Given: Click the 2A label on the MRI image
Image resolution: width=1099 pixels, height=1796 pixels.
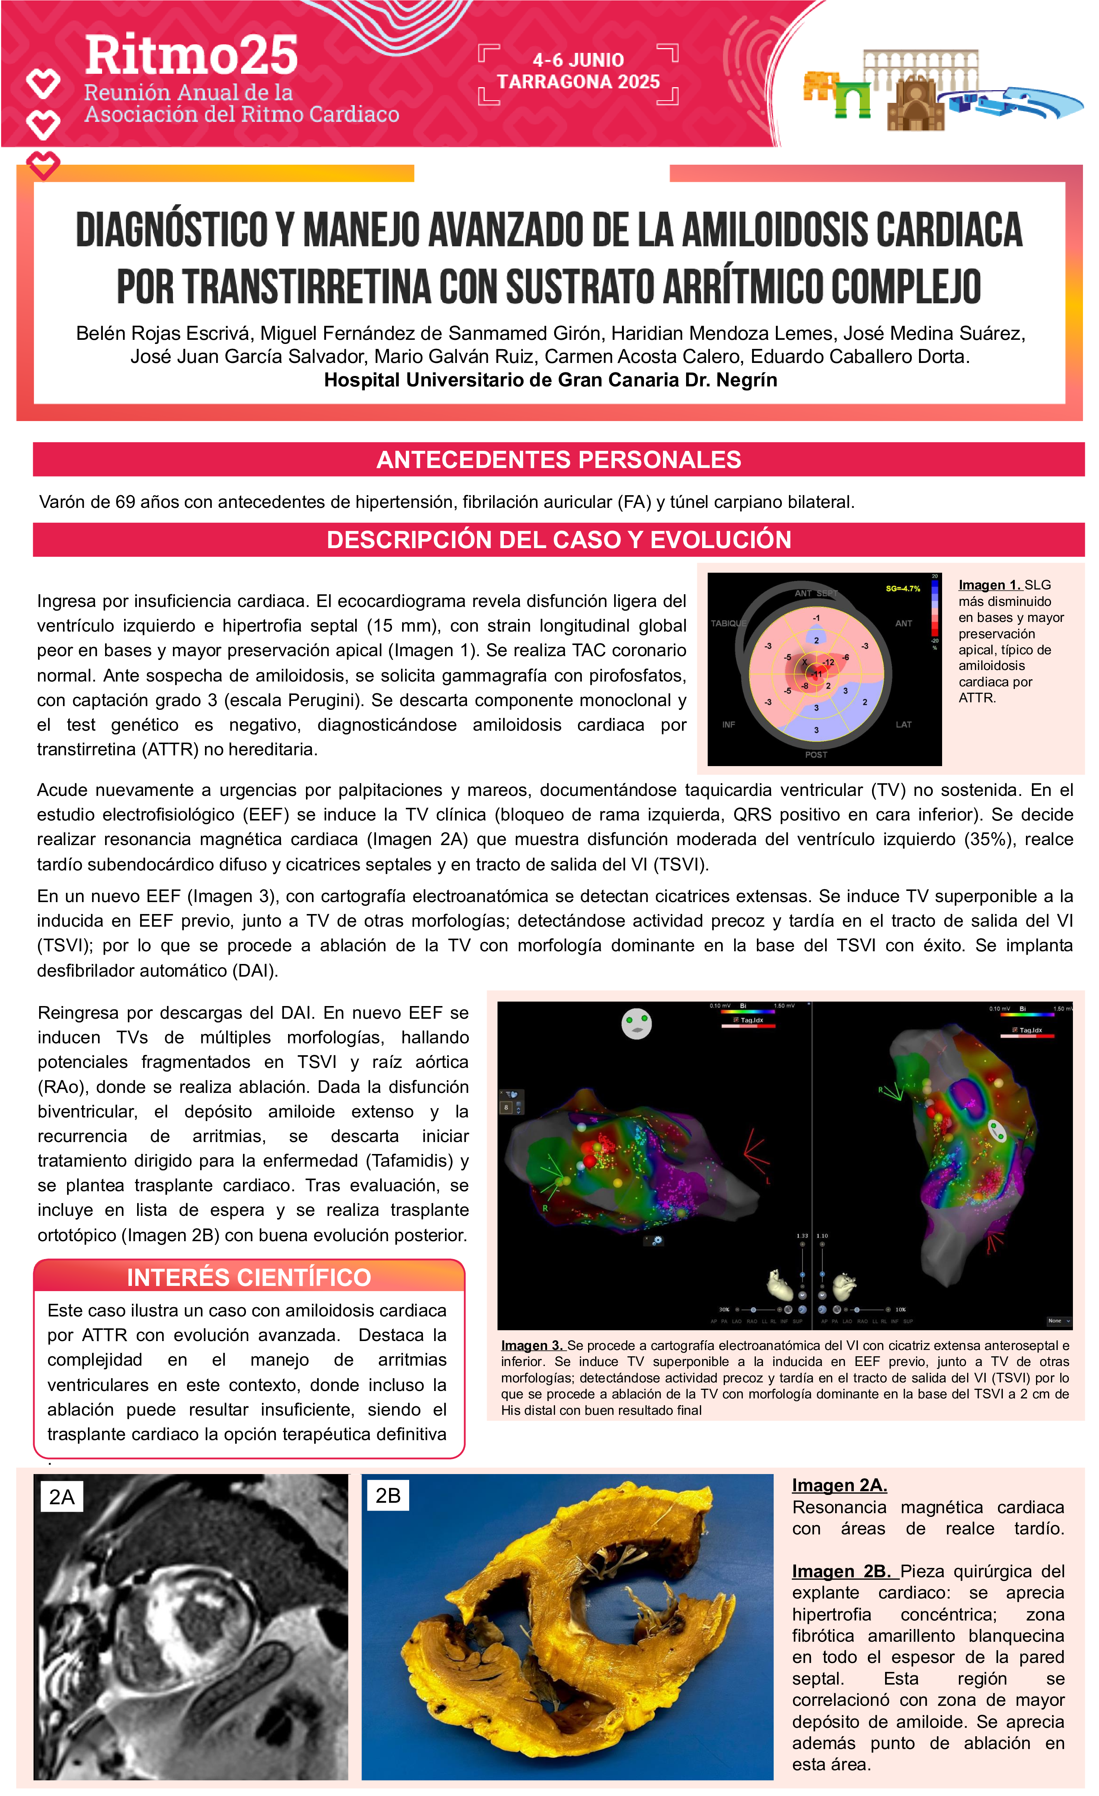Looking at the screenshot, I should point(62,1497).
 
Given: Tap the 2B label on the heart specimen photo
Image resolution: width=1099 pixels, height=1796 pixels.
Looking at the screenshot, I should point(388,1496).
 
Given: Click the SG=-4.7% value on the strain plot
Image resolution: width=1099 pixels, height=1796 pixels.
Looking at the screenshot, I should point(902,588).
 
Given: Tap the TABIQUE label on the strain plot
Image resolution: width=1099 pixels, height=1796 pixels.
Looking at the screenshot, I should point(728,623).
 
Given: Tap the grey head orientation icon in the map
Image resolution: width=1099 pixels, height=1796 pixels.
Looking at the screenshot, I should point(636,1023).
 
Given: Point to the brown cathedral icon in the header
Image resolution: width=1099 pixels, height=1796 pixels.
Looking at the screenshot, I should point(915,104).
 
